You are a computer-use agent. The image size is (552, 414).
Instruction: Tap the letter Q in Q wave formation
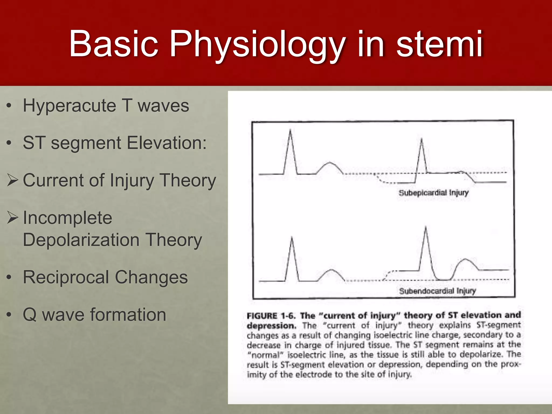[30, 315]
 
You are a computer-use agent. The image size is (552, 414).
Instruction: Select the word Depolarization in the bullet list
[81, 240]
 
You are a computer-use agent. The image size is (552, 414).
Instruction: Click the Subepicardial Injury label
[433, 193]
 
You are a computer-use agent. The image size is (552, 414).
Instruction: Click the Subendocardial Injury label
[437, 291]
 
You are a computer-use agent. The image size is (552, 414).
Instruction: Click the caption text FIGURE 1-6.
[271, 316]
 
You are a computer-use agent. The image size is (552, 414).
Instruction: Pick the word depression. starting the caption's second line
[271, 326]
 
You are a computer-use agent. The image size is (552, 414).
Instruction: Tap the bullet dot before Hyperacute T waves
[9, 106]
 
